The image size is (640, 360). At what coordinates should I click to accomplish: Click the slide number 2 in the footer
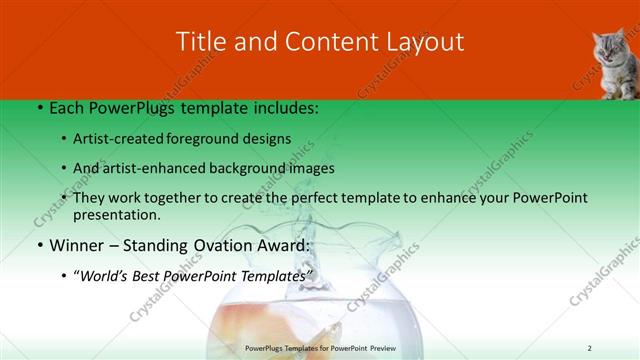click(x=590, y=347)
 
